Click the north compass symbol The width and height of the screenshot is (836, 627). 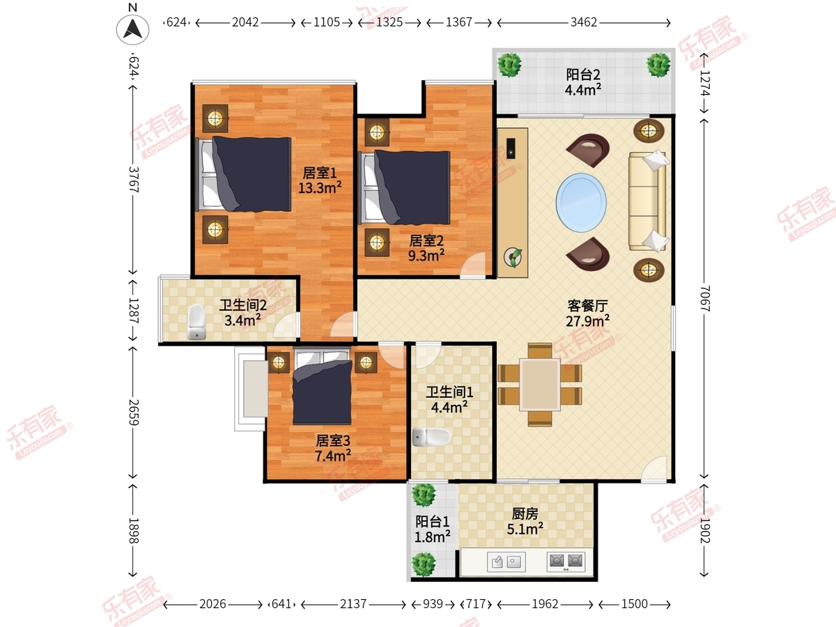pyautogui.click(x=133, y=29)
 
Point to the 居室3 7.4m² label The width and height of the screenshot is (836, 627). pyautogui.click(x=332, y=448)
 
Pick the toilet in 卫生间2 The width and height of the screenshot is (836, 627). pyautogui.click(x=197, y=323)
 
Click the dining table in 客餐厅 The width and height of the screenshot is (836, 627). pyautogui.click(x=540, y=384)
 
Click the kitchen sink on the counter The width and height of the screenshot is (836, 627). pyautogui.click(x=507, y=562)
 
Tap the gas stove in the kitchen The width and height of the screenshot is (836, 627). pyautogui.click(x=566, y=562)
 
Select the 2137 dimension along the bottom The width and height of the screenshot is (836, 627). pyautogui.click(x=353, y=604)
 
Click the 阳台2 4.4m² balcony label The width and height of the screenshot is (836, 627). pyautogui.click(x=583, y=82)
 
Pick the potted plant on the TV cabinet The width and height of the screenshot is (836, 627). pyautogui.click(x=514, y=257)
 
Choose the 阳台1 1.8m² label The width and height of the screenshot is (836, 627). pyautogui.click(x=432, y=527)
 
